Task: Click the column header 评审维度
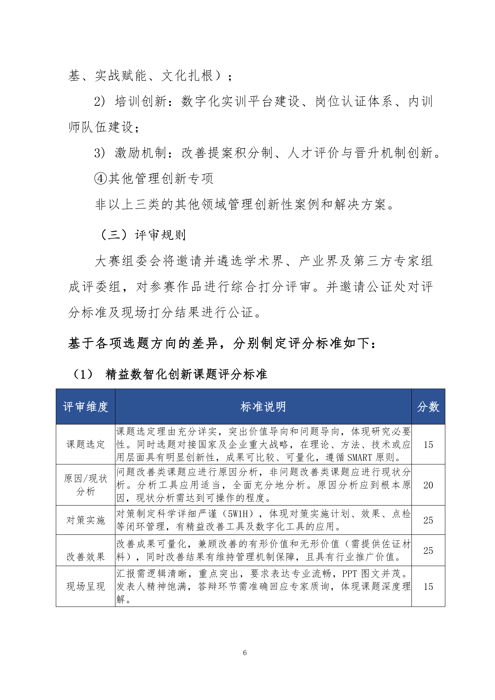click(x=85, y=407)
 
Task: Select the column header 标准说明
click(x=263, y=407)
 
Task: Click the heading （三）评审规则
click(x=143, y=235)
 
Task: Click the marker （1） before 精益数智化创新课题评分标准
click(x=83, y=374)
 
